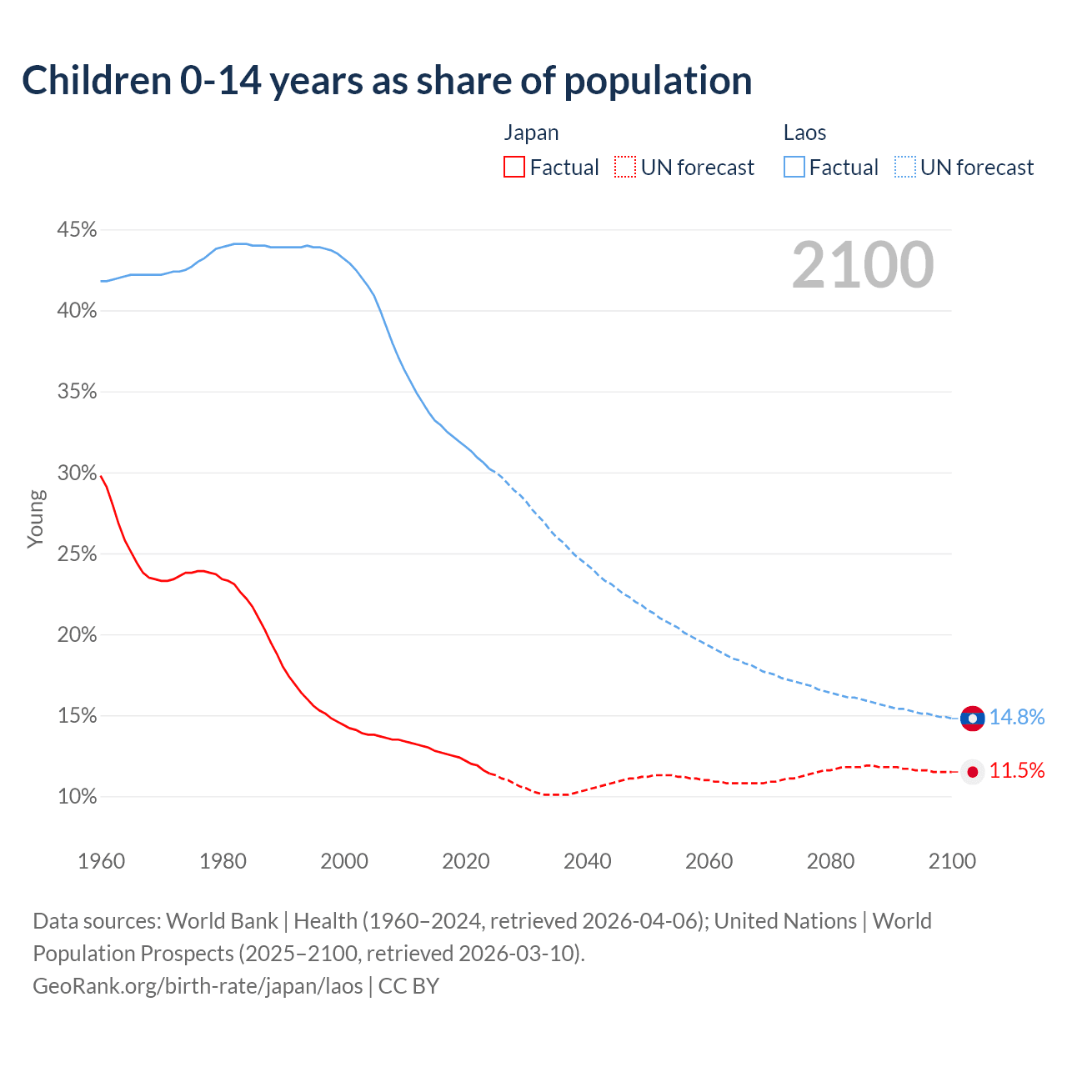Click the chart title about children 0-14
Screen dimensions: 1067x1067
coord(387,81)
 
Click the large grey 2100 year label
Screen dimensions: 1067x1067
coord(863,265)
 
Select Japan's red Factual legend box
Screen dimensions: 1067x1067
coord(514,168)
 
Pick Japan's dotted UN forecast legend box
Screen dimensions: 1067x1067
coord(625,168)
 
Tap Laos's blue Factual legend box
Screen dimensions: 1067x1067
coord(794,168)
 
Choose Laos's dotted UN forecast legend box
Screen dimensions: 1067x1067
coord(905,168)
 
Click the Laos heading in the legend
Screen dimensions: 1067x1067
coord(804,133)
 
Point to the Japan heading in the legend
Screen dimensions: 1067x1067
coord(531,133)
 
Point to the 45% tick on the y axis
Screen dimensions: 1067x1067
coord(78,229)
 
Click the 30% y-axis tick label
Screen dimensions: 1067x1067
coord(78,473)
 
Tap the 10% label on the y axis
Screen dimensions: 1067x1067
coord(78,797)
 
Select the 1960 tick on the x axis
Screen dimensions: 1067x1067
coord(101,861)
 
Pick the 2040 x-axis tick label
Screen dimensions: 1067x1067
coord(587,861)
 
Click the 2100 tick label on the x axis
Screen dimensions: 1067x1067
coord(952,861)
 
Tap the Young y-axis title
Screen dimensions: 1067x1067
coord(35,518)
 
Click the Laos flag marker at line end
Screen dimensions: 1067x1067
coord(972,718)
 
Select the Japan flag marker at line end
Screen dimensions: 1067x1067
coord(972,771)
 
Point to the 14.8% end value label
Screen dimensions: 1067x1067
coord(1017,718)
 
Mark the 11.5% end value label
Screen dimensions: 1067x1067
coord(1017,771)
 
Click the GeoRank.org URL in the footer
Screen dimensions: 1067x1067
coord(198,986)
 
